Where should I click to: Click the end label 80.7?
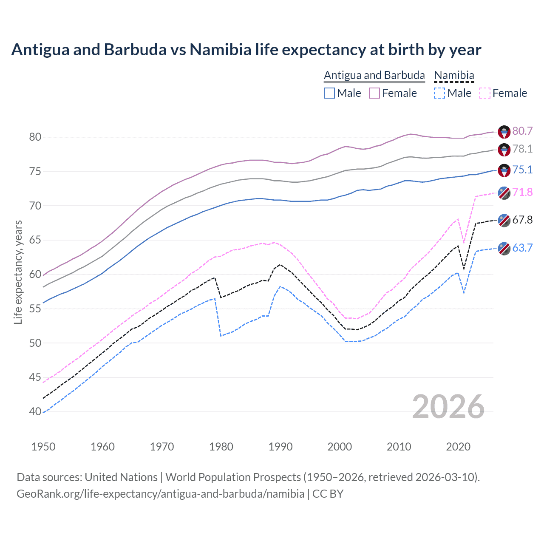tap(522, 131)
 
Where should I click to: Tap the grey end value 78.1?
tap(522, 149)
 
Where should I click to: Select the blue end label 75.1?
tap(522, 170)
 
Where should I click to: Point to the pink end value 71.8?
tap(522, 192)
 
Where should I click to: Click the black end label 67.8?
tap(522, 220)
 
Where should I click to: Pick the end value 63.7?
tap(522, 248)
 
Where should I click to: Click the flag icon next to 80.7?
tap(504, 132)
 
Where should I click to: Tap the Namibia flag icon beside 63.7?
tap(504, 248)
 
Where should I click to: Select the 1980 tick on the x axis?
tap(221, 447)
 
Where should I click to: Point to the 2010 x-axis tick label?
tap(399, 447)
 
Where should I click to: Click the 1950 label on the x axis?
tap(43, 447)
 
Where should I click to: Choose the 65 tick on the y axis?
tap(35, 240)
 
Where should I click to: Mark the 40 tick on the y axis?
tap(35, 411)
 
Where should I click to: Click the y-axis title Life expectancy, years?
tap(18, 272)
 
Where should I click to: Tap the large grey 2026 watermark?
tap(448, 407)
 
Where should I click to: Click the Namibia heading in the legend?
tap(454, 75)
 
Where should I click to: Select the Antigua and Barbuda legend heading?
tap(374, 75)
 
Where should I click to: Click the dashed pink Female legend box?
tap(484, 93)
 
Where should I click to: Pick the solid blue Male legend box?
tap(329, 93)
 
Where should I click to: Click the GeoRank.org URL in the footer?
tap(160, 494)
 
